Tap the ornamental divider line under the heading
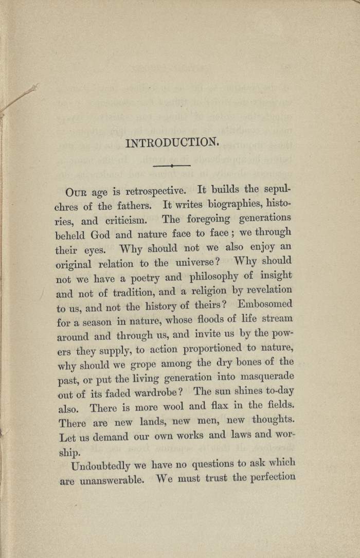[x=172, y=166]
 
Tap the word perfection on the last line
[x=271, y=477]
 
